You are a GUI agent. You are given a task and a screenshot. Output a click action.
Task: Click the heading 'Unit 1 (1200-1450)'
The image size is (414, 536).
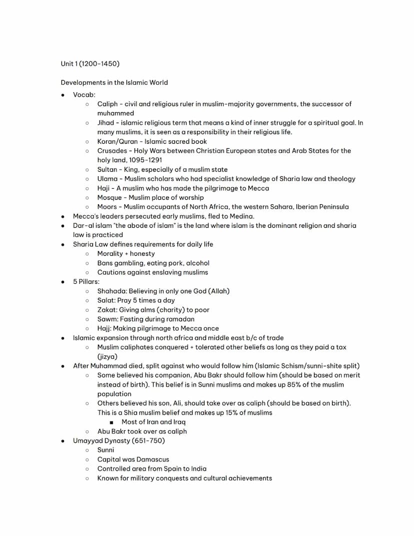(x=90, y=64)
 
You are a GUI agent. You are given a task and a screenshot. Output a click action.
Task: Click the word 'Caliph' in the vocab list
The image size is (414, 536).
(x=107, y=104)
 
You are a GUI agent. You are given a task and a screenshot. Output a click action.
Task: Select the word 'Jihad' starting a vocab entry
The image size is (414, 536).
(x=106, y=123)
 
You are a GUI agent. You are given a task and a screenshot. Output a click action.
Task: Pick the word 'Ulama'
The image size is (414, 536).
(x=107, y=179)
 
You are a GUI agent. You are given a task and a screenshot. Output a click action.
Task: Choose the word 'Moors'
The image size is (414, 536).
(x=107, y=207)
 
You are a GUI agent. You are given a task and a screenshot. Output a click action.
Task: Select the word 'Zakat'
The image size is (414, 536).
(x=107, y=310)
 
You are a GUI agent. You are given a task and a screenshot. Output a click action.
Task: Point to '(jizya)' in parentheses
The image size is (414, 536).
(x=107, y=356)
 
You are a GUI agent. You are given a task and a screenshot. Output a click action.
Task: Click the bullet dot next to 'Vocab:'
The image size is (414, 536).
(x=63, y=95)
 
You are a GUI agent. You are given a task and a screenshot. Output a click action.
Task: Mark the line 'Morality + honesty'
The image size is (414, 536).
(x=126, y=254)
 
